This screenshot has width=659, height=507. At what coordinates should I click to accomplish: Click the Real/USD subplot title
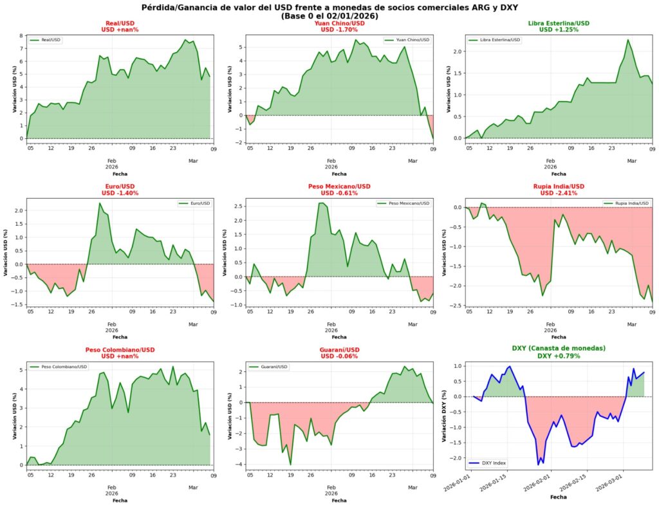(x=120, y=23)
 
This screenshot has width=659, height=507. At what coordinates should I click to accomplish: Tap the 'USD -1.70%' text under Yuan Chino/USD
(x=339, y=30)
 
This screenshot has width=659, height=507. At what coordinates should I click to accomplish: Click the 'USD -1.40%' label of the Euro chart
(x=120, y=193)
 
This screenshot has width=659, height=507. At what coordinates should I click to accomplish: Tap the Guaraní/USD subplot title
(x=339, y=350)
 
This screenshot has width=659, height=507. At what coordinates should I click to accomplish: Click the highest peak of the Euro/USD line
(x=100, y=203)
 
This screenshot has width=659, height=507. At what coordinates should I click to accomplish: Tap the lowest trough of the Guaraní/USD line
(x=290, y=465)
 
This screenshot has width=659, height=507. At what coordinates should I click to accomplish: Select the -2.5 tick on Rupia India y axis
(x=453, y=306)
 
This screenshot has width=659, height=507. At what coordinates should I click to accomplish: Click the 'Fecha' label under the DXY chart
(x=559, y=497)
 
